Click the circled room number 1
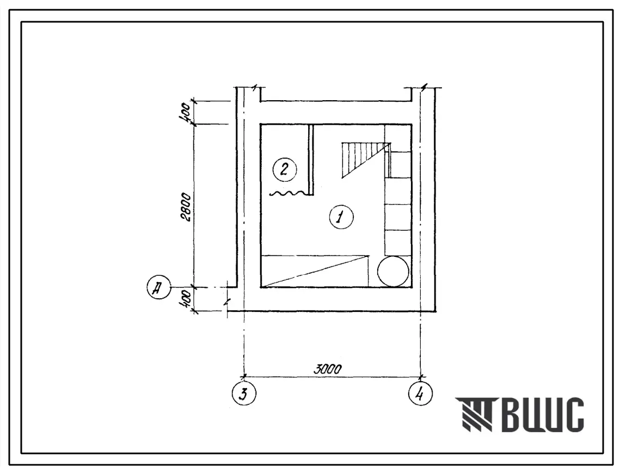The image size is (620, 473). click(341, 217)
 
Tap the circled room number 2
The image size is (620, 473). click(285, 170)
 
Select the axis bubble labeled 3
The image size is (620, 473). click(244, 394)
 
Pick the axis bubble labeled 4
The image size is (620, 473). click(420, 394)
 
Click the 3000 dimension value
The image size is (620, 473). click(327, 370)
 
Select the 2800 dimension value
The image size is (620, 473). click(186, 207)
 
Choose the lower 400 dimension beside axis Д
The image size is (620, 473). click(186, 299)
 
